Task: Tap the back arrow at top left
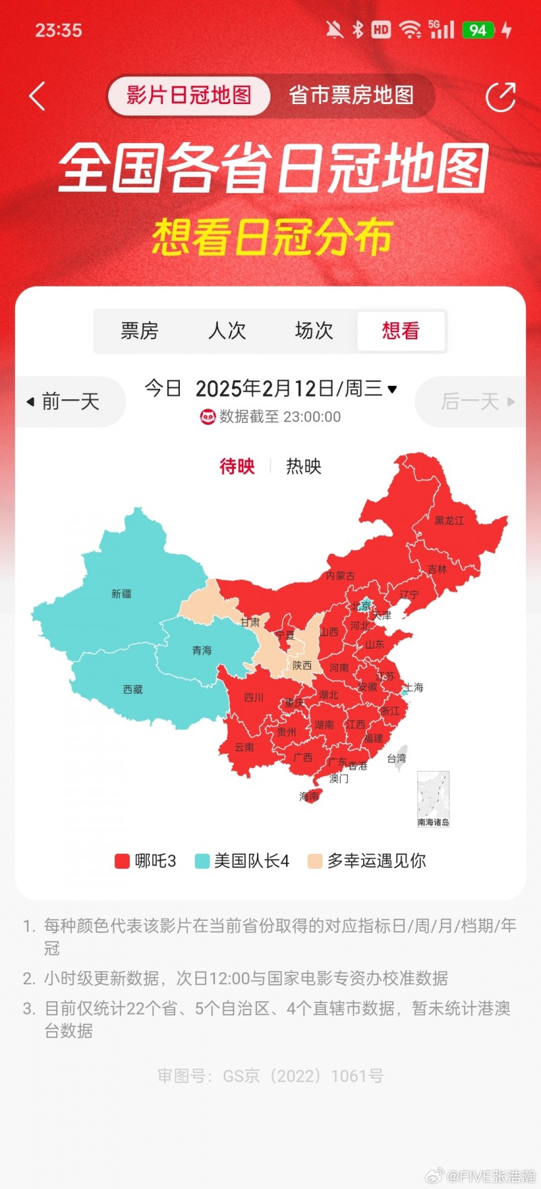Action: click(37, 96)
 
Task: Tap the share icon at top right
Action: click(500, 97)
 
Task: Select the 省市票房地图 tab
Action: click(351, 95)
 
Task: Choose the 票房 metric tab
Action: click(139, 330)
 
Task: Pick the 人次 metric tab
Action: click(227, 330)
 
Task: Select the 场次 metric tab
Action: click(314, 330)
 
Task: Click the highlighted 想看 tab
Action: click(400, 330)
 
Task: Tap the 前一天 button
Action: click(64, 401)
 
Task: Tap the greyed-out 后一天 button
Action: click(477, 401)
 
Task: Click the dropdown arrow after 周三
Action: click(392, 389)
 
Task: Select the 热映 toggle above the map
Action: click(304, 466)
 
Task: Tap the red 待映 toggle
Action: click(237, 466)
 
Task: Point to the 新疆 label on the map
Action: click(122, 594)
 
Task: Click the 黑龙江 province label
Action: click(449, 520)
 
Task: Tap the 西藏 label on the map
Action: click(133, 689)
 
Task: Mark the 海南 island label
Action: click(309, 796)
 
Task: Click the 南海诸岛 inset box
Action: click(433, 799)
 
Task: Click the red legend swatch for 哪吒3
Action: click(122, 861)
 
